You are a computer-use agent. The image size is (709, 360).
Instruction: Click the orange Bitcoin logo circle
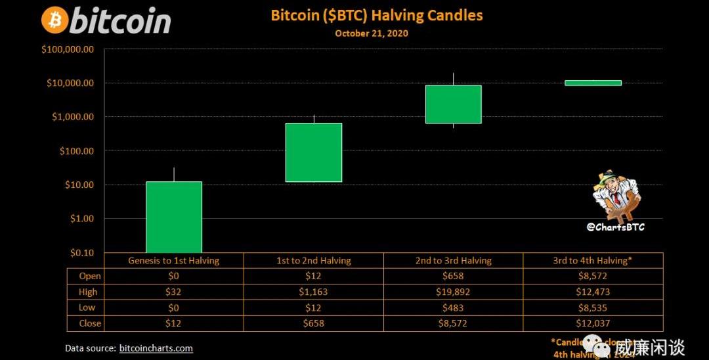54,20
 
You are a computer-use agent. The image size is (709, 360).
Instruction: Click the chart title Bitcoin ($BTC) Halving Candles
377,15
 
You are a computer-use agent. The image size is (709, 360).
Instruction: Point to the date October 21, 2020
371,34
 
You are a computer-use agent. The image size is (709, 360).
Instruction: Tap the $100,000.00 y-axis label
68,49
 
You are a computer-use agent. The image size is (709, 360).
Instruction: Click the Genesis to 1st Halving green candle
174,217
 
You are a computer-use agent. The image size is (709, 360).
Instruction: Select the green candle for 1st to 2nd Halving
314,152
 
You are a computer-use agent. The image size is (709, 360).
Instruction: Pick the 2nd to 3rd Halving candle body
453,104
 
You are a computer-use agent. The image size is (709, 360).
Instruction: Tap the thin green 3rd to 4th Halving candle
593,83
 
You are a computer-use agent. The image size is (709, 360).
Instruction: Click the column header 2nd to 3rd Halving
453,260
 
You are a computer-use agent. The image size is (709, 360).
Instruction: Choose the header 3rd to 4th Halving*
592,260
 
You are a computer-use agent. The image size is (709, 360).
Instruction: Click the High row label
88,292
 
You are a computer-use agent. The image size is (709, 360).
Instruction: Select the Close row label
90,323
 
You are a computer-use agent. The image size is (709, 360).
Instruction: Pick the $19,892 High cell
453,292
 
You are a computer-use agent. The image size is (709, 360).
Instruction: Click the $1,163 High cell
313,292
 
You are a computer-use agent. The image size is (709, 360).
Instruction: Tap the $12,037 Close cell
592,323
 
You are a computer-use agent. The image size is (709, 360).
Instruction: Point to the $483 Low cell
453,307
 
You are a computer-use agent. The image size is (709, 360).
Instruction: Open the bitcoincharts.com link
156,348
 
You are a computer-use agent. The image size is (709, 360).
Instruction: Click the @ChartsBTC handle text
615,227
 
